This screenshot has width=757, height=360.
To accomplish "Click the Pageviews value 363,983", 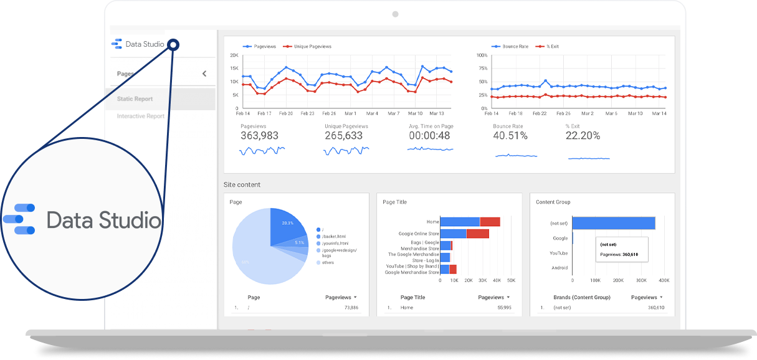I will coord(259,136).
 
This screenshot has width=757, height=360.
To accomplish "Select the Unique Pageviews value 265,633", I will coord(343,136).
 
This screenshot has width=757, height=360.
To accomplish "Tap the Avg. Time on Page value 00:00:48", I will coord(429,136).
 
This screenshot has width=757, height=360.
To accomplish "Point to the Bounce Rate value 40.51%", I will coord(510,136).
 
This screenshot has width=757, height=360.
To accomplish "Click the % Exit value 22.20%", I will coord(583,136).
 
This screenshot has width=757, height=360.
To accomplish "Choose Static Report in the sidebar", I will coord(135,99).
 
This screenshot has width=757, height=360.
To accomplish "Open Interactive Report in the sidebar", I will coord(140,116).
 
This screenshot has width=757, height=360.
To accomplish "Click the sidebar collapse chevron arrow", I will coord(204,74).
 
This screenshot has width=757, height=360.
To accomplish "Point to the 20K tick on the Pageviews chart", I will coord(234,55).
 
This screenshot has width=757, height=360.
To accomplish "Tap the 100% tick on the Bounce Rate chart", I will coord(482,55).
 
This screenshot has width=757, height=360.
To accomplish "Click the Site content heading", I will coord(242,185).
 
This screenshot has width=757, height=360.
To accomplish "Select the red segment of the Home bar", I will coord(490,222).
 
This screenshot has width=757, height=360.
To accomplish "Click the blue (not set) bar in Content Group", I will coord(613,223).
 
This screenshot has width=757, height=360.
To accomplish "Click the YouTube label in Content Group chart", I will coord(558,253).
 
